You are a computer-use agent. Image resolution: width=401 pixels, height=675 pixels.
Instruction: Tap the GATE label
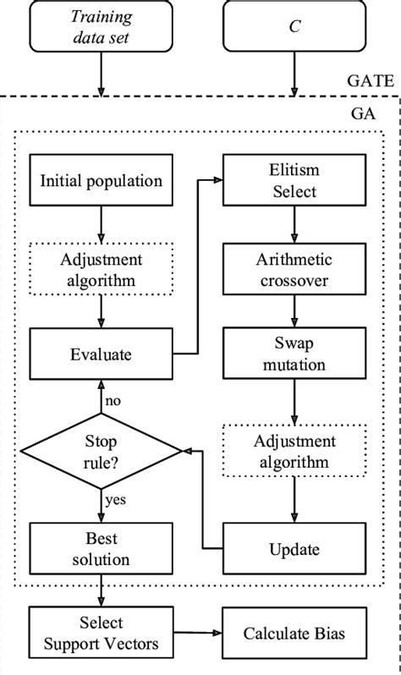(x=370, y=81)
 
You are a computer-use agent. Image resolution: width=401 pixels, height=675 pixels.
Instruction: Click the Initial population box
(x=101, y=180)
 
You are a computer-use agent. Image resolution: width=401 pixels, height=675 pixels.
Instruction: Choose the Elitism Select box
(x=294, y=180)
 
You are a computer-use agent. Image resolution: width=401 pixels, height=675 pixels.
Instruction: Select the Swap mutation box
(x=294, y=354)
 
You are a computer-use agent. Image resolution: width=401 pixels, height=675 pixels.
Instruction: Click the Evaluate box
(x=101, y=354)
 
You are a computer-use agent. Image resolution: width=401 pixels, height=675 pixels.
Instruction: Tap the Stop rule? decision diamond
(x=101, y=452)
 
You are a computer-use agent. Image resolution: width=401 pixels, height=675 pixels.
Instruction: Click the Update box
(x=294, y=549)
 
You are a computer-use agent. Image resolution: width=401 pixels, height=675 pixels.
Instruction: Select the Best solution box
(x=101, y=549)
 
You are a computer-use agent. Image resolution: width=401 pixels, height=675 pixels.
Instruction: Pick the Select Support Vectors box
(x=101, y=633)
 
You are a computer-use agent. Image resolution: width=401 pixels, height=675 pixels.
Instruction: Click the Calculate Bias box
(x=294, y=633)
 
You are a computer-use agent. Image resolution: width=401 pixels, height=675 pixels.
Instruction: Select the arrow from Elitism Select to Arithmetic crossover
(x=294, y=223)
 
